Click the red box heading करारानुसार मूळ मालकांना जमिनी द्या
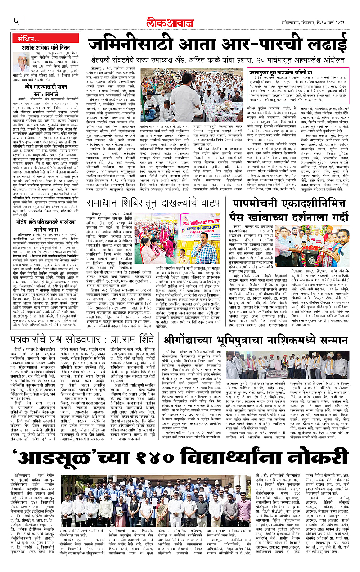(x=291, y=71)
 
